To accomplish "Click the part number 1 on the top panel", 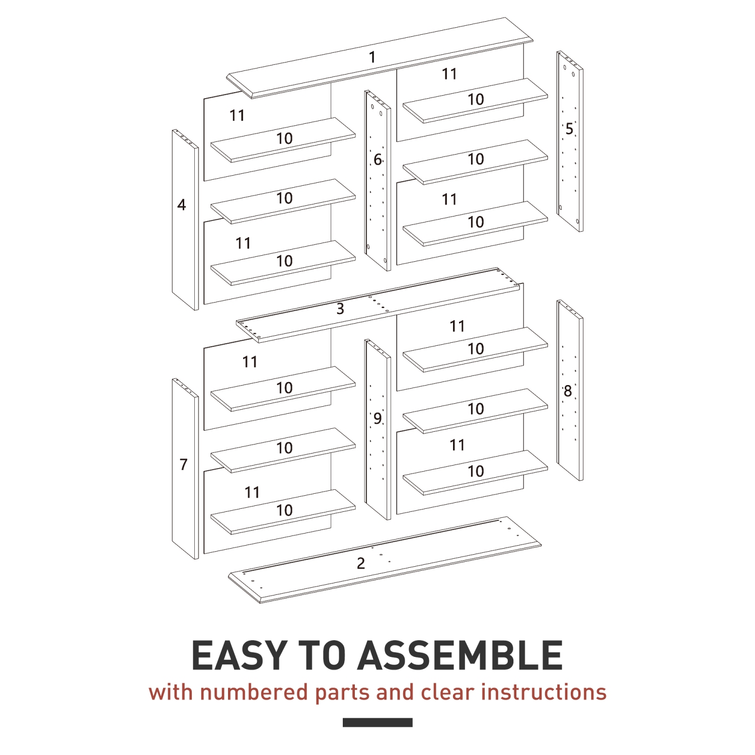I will pyautogui.click(x=372, y=57).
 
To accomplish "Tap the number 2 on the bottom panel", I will pyautogui.click(x=361, y=563).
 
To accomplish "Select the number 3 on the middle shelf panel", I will pyautogui.click(x=340, y=309).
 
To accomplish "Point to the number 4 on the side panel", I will pyautogui.click(x=182, y=205).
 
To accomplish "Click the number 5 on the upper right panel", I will pyautogui.click(x=569, y=129).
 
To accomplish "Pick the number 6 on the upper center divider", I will pyautogui.click(x=377, y=160).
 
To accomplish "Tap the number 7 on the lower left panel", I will pyautogui.click(x=184, y=465).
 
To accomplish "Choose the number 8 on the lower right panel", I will pyautogui.click(x=568, y=391).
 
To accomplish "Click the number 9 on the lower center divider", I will pyautogui.click(x=377, y=418).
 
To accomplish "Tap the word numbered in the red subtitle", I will pyautogui.click(x=254, y=693).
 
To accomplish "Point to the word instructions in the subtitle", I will pyautogui.click(x=544, y=693).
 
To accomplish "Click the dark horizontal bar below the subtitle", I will pyautogui.click(x=377, y=722).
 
